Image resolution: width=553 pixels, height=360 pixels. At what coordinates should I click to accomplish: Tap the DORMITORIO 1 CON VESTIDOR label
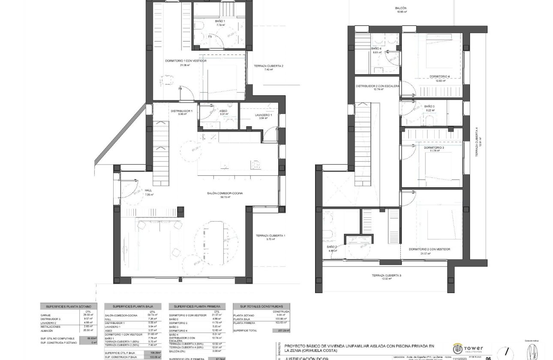coord(185,61)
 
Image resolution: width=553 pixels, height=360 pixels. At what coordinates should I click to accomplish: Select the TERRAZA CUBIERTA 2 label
coord(268,66)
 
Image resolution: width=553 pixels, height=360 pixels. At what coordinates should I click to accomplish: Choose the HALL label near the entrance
coord(149,190)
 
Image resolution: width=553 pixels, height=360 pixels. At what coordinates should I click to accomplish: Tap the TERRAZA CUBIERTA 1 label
coord(270,236)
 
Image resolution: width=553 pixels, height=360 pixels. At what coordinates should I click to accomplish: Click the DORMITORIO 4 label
coord(439,77)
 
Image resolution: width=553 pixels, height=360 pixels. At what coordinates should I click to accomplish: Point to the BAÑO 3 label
coord(430,106)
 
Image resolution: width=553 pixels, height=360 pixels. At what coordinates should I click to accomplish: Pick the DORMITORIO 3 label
coord(434,147)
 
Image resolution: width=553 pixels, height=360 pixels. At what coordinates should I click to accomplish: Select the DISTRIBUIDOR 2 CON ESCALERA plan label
coord(377,86)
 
